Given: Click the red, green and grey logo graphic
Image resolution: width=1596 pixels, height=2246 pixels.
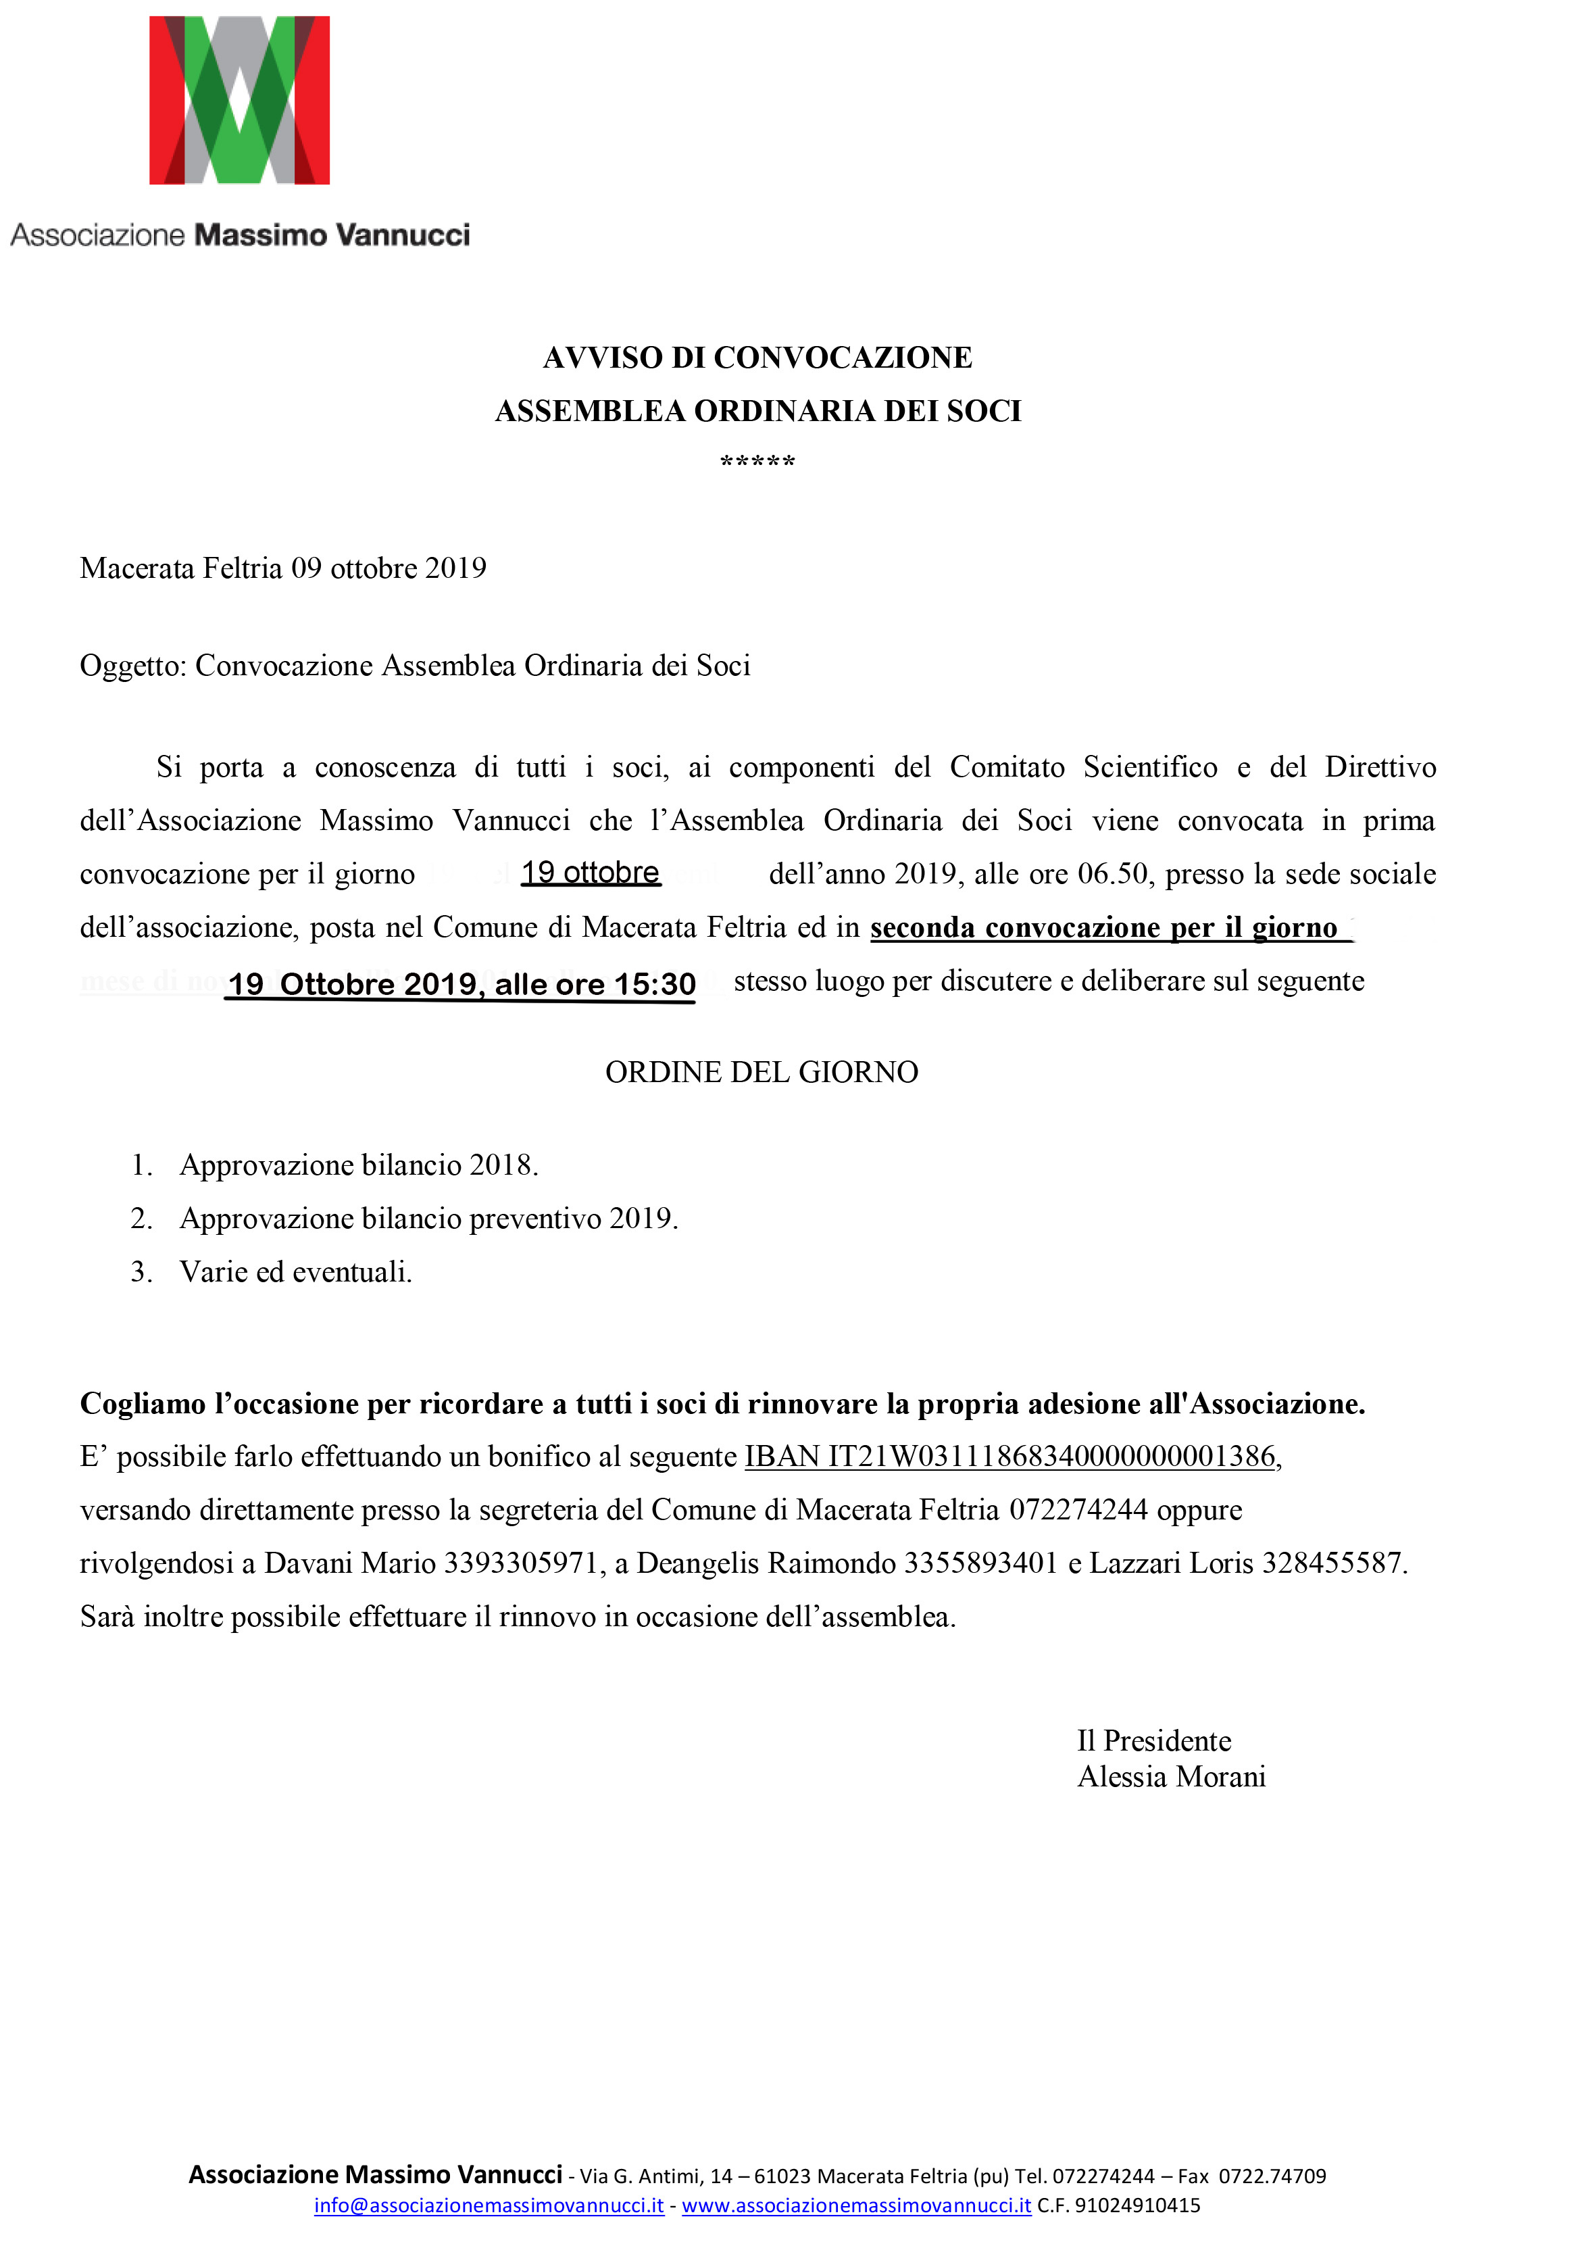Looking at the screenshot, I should [239, 100].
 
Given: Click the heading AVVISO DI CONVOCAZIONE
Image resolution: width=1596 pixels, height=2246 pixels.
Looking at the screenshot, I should [757, 358].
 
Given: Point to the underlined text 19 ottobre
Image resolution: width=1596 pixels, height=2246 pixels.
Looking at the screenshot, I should [590, 873].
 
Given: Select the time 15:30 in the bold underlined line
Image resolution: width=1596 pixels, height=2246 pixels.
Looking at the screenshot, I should [655, 984].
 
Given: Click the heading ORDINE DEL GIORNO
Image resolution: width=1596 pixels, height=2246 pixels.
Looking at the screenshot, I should [761, 1073].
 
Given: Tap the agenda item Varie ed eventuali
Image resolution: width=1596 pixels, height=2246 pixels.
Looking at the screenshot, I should [296, 1273].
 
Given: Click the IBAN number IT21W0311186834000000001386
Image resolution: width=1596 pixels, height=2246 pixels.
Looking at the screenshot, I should [1051, 1457].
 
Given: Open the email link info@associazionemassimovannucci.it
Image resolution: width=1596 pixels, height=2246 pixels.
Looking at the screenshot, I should [489, 2205].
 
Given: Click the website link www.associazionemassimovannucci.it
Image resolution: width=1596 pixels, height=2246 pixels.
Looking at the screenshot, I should [856, 2205].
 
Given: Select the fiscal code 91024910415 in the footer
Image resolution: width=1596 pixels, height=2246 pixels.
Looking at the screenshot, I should [1137, 2205].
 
